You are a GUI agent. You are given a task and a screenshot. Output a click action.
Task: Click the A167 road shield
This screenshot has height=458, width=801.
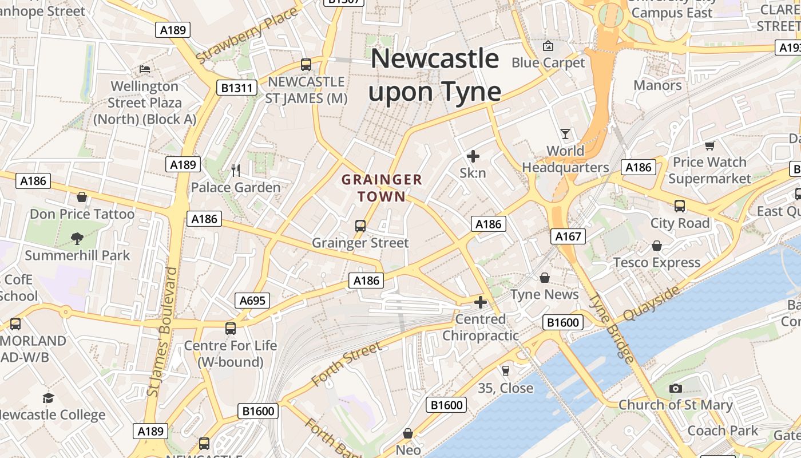(x=568, y=236)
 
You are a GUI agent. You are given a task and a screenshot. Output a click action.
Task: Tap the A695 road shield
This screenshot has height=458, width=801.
(x=252, y=301)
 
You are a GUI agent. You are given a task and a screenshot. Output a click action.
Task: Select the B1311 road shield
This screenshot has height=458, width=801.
(x=236, y=88)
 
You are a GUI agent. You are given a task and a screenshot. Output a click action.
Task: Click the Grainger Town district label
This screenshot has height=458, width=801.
(x=382, y=188)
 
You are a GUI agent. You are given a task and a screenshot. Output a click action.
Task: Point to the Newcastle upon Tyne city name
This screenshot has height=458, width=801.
(x=435, y=75)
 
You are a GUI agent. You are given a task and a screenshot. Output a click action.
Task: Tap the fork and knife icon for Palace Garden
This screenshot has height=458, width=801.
(x=235, y=170)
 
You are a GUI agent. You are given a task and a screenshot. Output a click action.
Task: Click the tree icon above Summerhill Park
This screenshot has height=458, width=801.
(x=77, y=238)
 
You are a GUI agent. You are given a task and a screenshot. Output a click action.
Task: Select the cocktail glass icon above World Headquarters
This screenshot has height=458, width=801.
(x=565, y=134)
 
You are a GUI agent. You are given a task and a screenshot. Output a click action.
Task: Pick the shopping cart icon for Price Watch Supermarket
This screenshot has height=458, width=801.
(x=710, y=145)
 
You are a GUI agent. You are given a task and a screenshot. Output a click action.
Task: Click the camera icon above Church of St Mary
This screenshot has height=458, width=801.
(x=675, y=388)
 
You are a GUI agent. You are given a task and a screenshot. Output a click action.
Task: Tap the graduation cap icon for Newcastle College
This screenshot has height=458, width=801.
(x=49, y=397)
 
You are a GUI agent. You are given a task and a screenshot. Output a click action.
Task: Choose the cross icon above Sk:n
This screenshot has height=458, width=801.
(x=473, y=156)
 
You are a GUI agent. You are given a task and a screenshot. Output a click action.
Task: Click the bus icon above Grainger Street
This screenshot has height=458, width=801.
(x=360, y=226)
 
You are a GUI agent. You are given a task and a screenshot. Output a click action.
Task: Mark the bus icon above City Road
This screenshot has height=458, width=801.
(x=680, y=206)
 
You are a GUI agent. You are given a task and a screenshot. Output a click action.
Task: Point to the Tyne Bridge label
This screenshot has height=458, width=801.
(x=612, y=328)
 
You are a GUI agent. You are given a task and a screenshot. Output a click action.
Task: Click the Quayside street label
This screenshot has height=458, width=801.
(x=652, y=303)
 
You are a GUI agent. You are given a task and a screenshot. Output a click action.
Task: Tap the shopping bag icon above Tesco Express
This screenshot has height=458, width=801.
(x=657, y=246)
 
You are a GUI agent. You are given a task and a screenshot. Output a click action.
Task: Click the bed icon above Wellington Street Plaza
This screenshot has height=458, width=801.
(x=145, y=69)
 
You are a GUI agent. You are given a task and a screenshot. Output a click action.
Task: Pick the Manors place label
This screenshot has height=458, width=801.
(x=657, y=85)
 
